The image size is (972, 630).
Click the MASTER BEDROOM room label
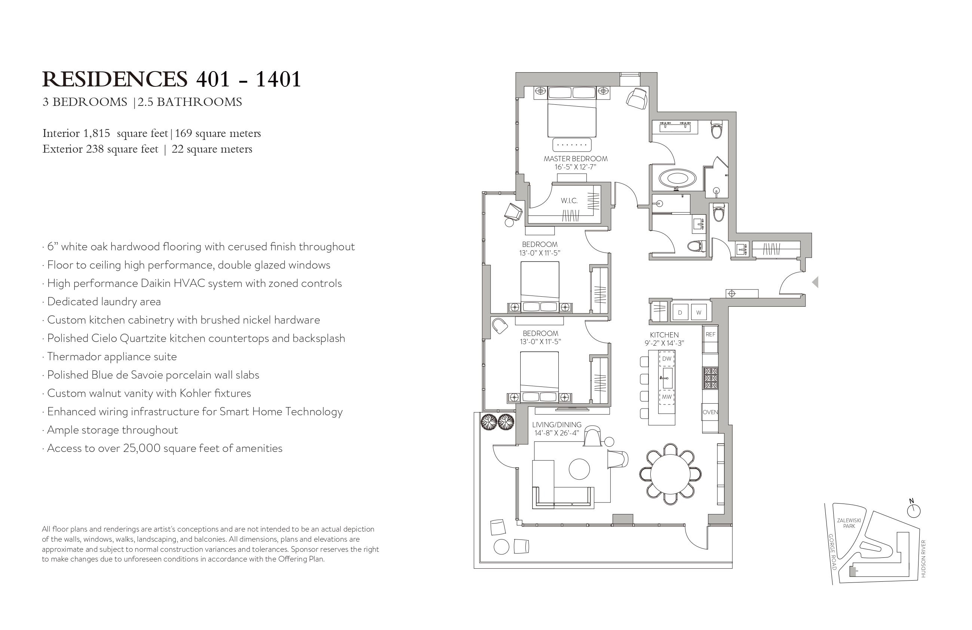click(576, 159)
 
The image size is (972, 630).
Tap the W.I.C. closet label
click(569, 201)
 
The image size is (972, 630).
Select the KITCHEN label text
click(664, 334)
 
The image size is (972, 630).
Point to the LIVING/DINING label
click(556, 425)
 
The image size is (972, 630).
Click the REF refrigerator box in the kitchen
click(710, 334)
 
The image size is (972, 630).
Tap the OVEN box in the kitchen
click(710, 412)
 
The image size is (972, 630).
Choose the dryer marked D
click(680, 312)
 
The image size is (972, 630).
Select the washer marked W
click(699, 312)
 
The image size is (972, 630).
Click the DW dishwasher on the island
click(666, 359)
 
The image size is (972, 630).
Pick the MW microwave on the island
click(666, 397)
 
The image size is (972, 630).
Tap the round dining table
click(670, 474)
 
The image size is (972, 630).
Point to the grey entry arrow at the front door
click(815, 282)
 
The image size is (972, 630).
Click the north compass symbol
click(914, 510)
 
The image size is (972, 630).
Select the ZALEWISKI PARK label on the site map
click(849, 523)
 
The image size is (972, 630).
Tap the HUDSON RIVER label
click(923, 559)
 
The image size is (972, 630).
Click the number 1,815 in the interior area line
click(97, 134)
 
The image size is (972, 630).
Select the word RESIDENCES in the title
click(115, 79)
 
